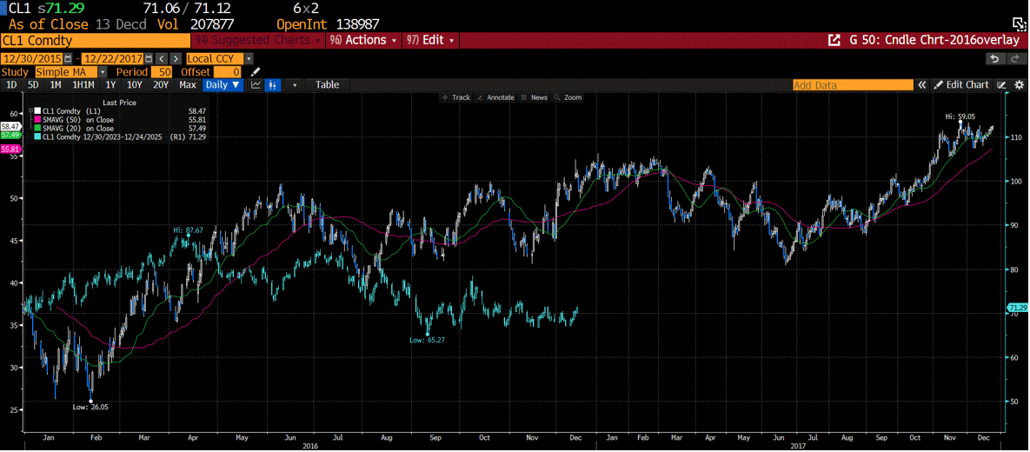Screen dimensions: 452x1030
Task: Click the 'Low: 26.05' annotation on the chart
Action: pyautogui.click(x=90, y=406)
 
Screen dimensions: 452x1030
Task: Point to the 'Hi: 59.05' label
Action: pyautogui.click(x=960, y=116)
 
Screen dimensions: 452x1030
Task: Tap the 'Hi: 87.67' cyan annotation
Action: pyautogui.click(x=188, y=229)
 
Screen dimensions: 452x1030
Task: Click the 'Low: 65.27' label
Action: pyautogui.click(x=427, y=340)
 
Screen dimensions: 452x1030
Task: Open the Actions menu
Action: pyautogui.click(x=363, y=40)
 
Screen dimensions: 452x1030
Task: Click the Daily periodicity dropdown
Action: pyautogui.click(x=223, y=84)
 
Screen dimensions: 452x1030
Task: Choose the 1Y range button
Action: pyautogui.click(x=110, y=84)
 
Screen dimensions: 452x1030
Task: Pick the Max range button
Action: pyautogui.click(x=188, y=84)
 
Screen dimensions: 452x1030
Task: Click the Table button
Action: pyautogui.click(x=327, y=84)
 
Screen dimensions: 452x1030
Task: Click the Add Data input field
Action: pyautogui.click(x=852, y=85)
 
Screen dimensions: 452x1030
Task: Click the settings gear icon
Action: pyautogui.click(x=1020, y=85)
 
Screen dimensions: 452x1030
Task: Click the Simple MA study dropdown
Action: pyautogui.click(x=70, y=72)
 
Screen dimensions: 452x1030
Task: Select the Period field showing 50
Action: pyautogui.click(x=162, y=72)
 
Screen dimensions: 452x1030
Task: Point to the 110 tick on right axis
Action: pyautogui.click(x=1014, y=137)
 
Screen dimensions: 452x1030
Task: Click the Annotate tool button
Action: pyautogui.click(x=496, y=97)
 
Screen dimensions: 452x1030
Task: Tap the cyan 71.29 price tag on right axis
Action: pyautogui.click(x=1017, y=308)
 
